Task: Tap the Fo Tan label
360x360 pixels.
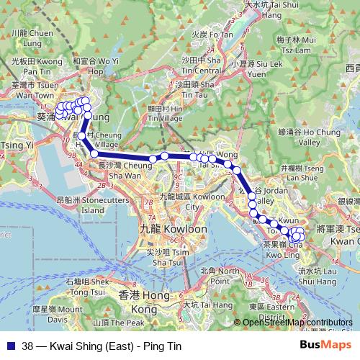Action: click(x=212, y=33)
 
